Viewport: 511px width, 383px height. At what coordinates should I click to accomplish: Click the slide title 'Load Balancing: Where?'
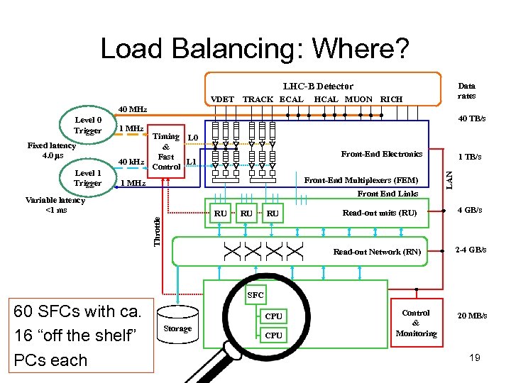pos(255,48)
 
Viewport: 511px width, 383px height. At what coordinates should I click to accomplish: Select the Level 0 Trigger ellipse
pos(88,126)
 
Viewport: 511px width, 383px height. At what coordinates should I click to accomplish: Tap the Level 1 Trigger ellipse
pos(88,178)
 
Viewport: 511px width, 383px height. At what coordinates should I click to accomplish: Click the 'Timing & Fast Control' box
pos(166,152)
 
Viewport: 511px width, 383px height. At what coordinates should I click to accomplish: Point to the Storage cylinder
pos(177,327)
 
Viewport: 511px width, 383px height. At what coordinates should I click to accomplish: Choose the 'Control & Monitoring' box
pos(416,323)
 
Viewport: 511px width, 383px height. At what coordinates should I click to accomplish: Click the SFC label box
pos(255,294)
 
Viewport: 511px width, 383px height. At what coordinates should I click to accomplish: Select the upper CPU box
pos(273,316)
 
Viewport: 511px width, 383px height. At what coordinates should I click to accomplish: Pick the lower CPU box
pos(273,335)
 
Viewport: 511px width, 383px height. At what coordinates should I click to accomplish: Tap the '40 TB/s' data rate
pos(472,118)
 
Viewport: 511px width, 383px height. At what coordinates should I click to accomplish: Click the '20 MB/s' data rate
pos(472,316)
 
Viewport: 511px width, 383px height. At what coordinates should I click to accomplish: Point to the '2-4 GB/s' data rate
pos(471,250)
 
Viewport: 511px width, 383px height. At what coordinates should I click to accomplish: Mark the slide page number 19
pos(474,357)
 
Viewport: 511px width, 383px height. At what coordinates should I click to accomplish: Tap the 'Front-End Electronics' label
pos(382,154)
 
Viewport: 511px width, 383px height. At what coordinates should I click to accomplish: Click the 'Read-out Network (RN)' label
pos(377,252)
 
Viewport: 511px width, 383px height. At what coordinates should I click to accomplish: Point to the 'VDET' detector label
pos(223,99)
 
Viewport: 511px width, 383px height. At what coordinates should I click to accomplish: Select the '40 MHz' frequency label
pos(133,109)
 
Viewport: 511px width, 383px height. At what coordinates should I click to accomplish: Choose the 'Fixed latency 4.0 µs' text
pos(52,150)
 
